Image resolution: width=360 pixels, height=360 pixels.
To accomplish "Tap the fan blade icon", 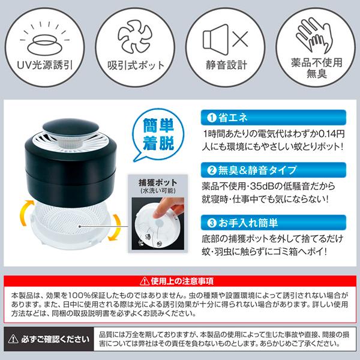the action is pyautogui.click(x=135, y=36).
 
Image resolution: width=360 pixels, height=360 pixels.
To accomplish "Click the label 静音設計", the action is pyautogui.click(x=226, y=65).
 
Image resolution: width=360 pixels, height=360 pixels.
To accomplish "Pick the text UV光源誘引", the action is pyautogui.click(x=45, y=65).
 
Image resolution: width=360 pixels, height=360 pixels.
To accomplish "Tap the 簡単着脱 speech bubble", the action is pyautogui.click(x=158, y=135).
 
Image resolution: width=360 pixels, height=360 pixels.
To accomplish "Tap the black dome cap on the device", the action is pyautogui.click(x=71, y=127).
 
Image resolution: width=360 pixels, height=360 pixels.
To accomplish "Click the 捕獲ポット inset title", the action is pyautogui.click(x=158, y=183).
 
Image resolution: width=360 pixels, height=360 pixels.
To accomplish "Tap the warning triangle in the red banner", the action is pyautogui.click(x=145, y=281).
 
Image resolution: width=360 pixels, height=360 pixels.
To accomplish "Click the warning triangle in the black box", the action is pyautogui.click(x=13, y=339).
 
